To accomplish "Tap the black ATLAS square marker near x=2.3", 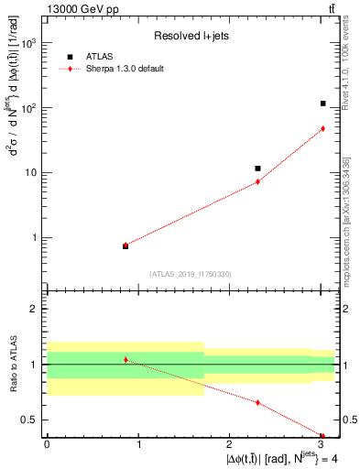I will [257, 169].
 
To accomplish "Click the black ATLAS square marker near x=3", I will [323, 104].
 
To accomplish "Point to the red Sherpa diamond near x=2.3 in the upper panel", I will [257, 181].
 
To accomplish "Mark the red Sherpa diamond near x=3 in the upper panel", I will [323, 128].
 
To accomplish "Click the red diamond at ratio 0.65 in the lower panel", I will [257, 402].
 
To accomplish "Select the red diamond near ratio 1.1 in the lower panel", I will [125, 360].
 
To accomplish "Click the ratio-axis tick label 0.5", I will [30, 420].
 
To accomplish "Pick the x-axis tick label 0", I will [46, 445].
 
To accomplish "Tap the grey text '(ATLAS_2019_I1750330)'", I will [191, 274].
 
